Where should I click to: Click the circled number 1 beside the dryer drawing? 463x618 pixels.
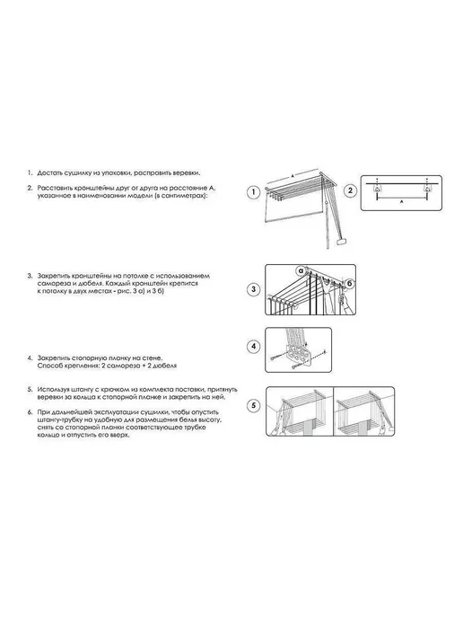[254, 193]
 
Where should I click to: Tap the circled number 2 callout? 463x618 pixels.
[350, 190]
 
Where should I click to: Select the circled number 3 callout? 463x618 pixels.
[254, 289]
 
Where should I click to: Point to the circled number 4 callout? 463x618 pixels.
[254, 347]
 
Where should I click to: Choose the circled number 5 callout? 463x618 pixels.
[254, 406]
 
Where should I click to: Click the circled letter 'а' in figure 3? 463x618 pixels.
[301, 270]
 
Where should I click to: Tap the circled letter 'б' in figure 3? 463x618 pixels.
[349, 284]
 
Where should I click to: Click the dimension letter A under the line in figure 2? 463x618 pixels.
[401, 202]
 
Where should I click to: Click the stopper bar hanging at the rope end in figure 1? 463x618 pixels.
[341, 242]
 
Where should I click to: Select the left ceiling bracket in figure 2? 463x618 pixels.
[377, 190]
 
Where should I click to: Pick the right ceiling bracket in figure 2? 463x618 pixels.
[426, 190]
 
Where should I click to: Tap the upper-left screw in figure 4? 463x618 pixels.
[275, 358]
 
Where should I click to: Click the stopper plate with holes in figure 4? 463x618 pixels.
[299, 354]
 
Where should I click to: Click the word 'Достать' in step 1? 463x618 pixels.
[49, 173]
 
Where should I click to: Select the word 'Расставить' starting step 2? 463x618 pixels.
[54, 188]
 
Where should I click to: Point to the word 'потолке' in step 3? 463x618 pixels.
[135, 276]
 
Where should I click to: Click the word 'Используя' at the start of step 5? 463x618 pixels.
[52, 390]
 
